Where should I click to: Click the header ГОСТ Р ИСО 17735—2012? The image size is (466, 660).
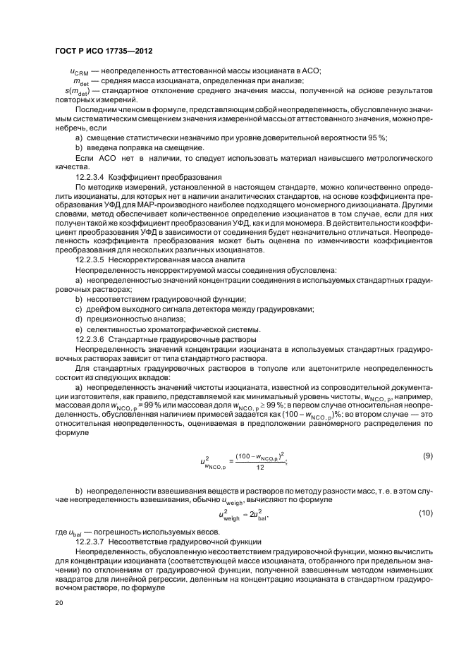click(104, 53)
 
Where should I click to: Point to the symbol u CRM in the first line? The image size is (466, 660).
click(80, 71)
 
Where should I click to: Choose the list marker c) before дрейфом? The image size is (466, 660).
click(79, 310)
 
